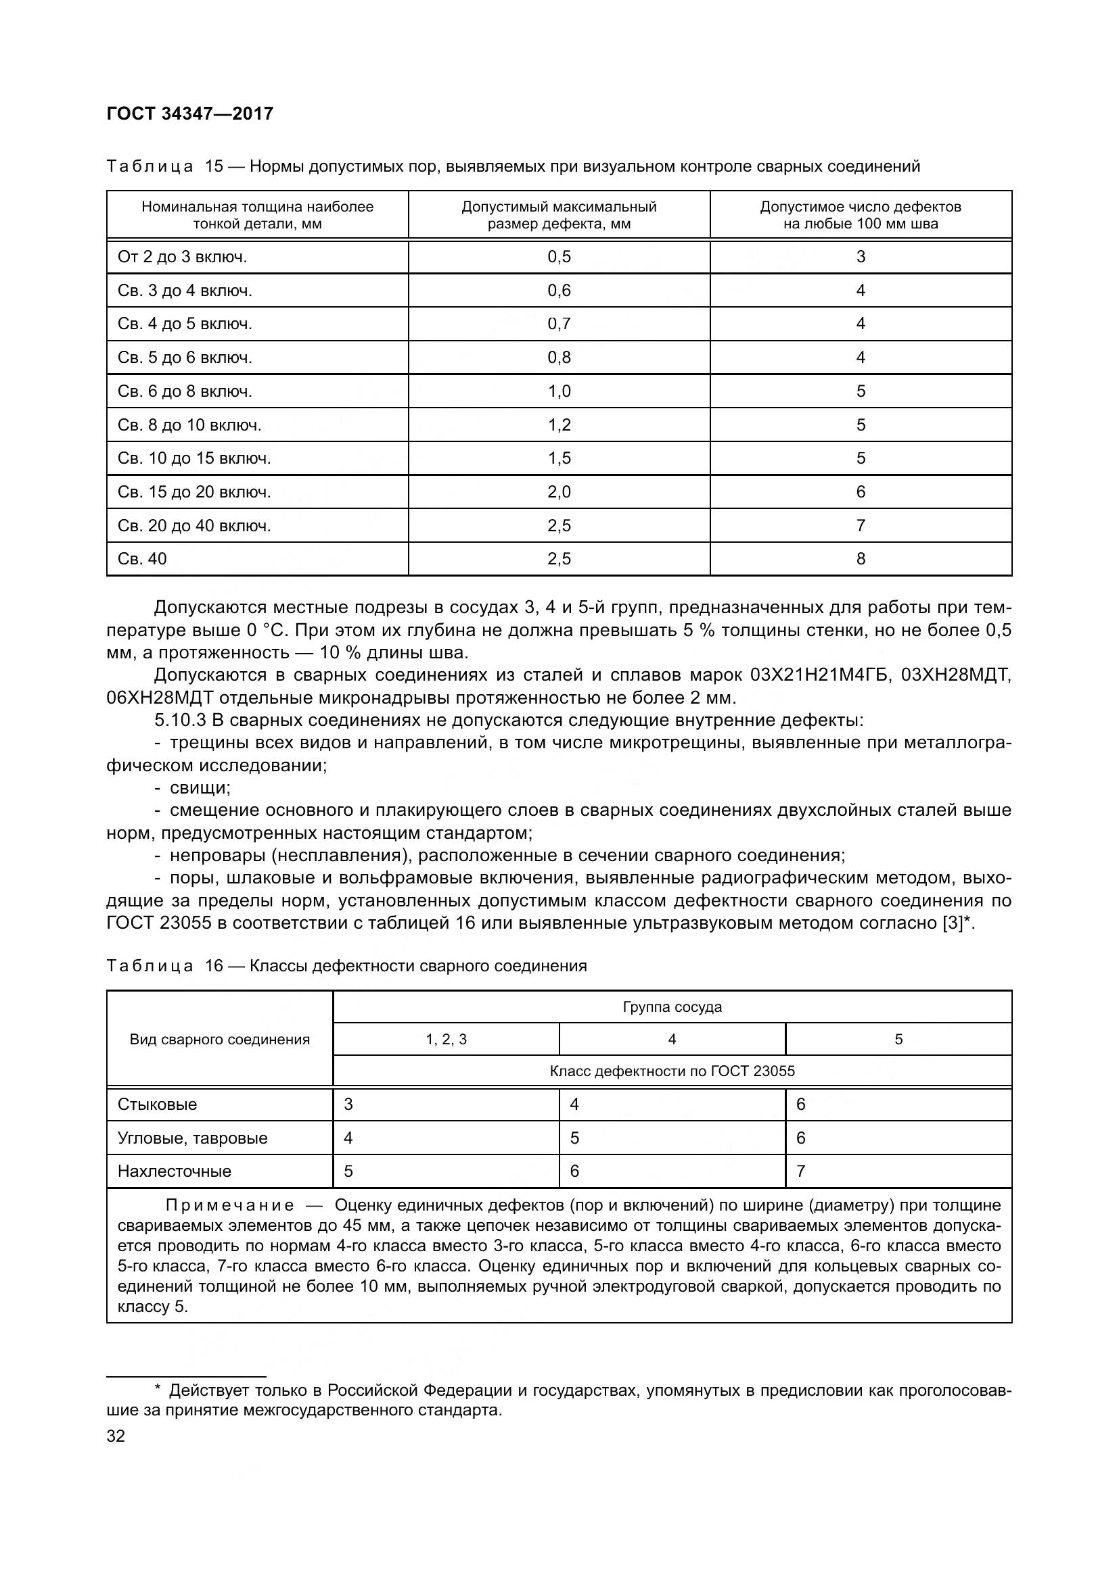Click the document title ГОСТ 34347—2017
coord(190,114)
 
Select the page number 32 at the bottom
coord(116,1436)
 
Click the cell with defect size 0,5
coord(559,257)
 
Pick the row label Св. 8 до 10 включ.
coord(189,425)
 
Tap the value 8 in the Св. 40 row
coord(861,558)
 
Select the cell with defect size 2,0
coord(559,491)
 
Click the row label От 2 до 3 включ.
coord(182,257)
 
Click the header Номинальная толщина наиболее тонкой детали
coord(257,215)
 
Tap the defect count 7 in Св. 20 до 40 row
coord(861,525)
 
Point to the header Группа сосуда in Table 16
coord(672,1006)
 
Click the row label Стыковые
coord(157,1104)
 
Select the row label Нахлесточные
coord(175,1171)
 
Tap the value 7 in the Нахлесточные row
coord(800,1171)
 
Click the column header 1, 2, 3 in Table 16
coord(446,1039)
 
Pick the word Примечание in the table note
coord(230,1205)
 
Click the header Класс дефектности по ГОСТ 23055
coord(672,1071)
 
